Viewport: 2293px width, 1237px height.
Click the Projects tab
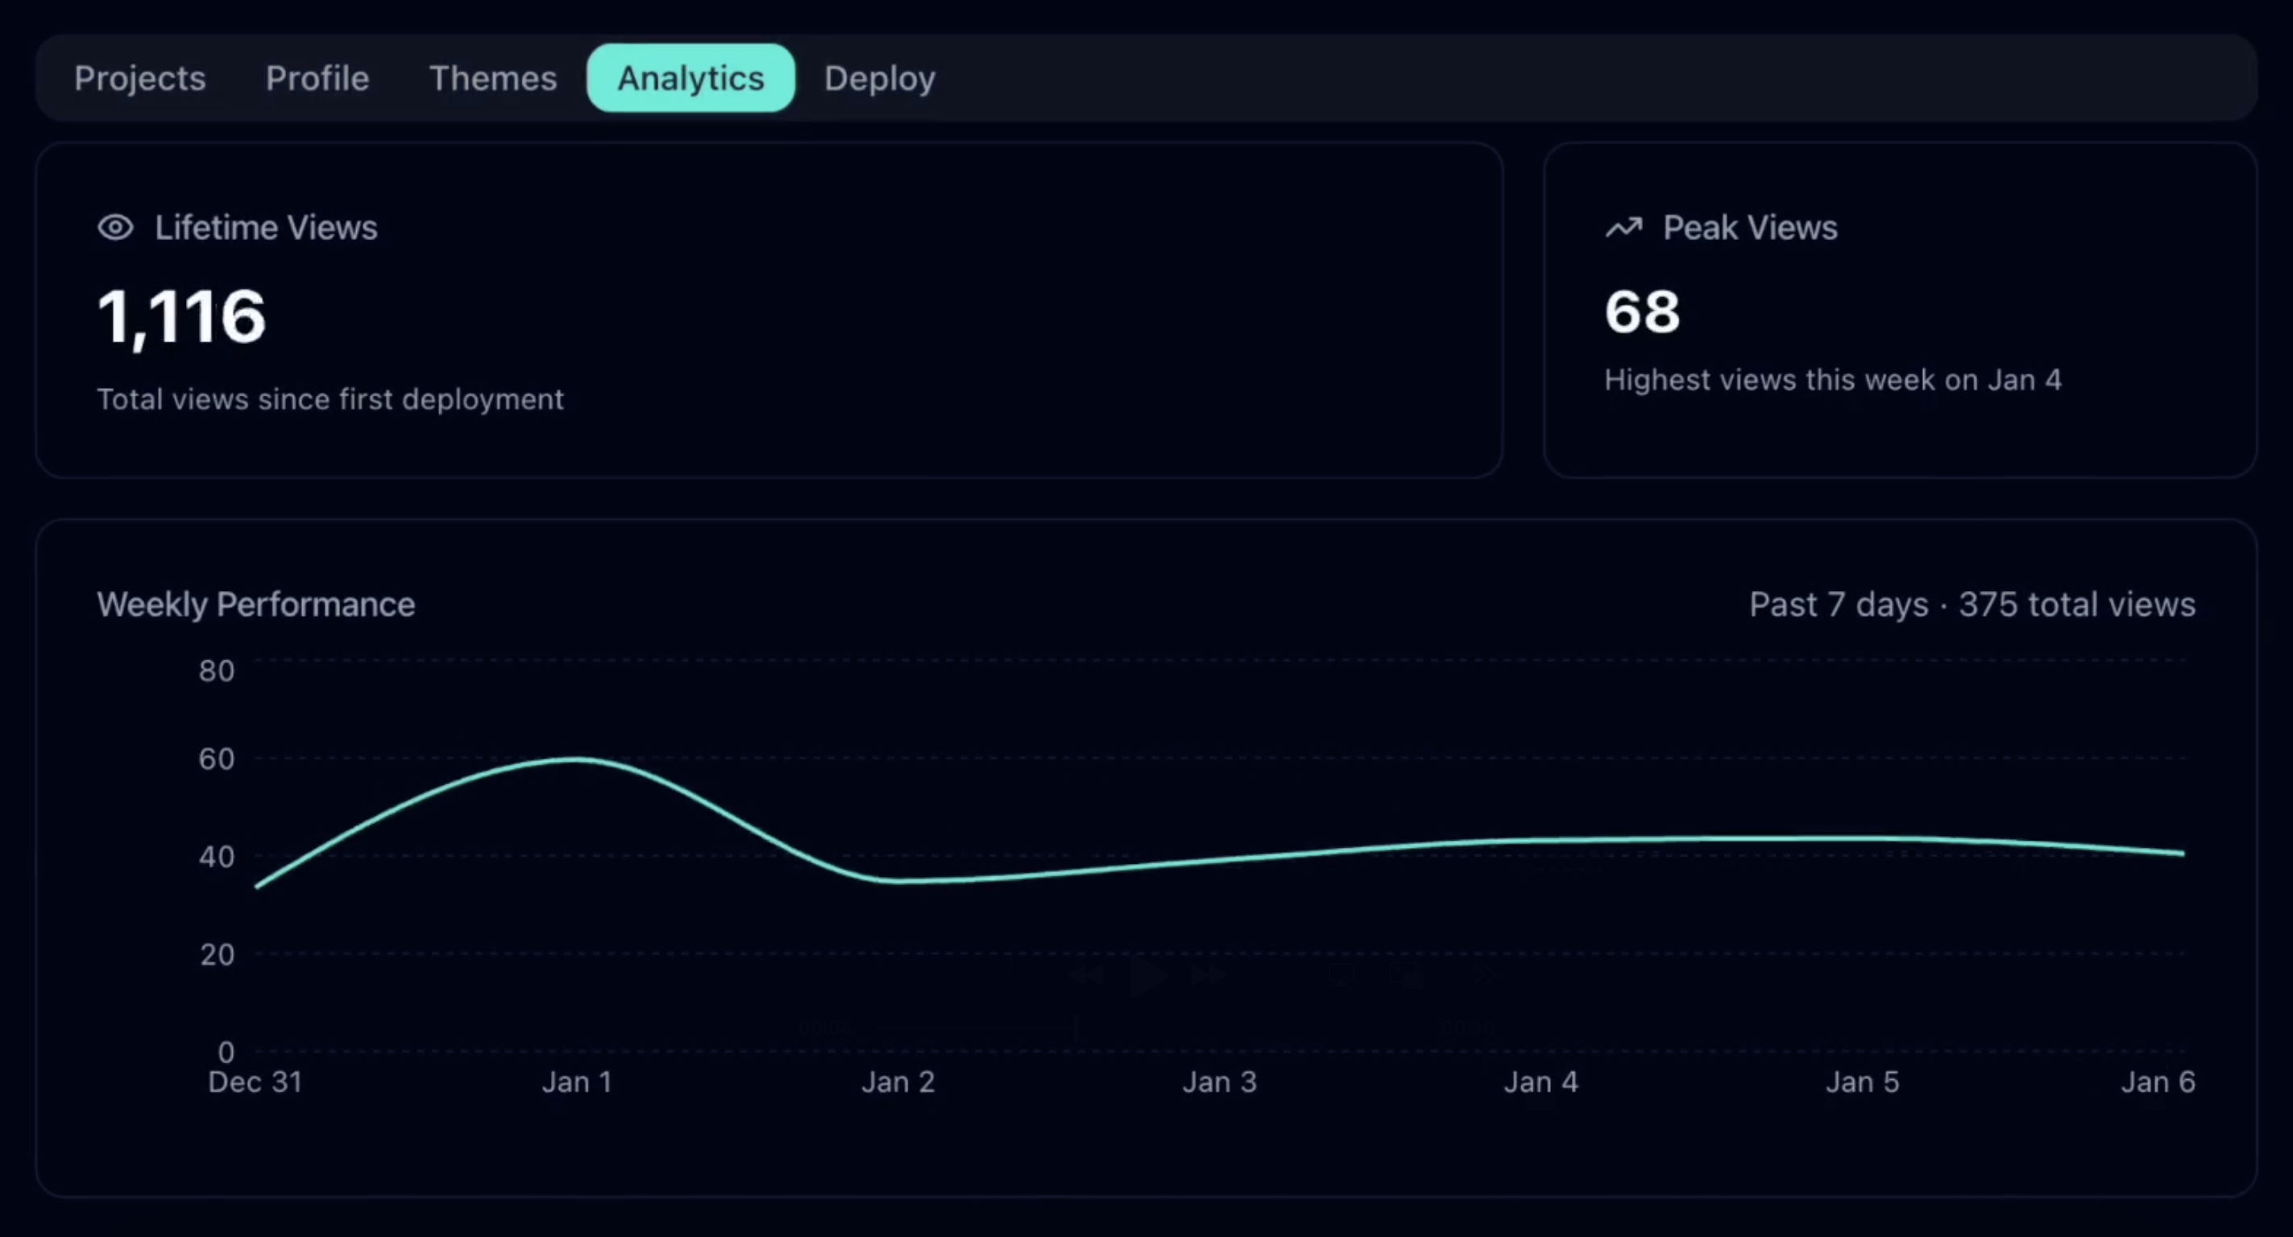click(139, 78)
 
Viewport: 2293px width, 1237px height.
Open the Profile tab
click(317, 78)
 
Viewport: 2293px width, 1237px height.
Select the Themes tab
click(492, 78)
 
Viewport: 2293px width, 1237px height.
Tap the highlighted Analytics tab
click(690, 78)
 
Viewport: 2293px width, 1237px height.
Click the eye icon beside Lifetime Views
click(115, 228)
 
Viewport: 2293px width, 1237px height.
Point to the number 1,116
click(180, 316)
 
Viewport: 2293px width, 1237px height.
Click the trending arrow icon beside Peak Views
click(1623, 228)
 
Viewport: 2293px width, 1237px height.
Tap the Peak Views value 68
click(1641, 312)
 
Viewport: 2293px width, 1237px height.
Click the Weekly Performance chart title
click(255, 604)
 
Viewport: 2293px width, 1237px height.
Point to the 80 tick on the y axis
click(216, 670)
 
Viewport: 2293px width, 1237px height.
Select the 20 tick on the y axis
click(216, 955)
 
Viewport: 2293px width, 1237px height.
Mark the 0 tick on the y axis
click(226, 1052)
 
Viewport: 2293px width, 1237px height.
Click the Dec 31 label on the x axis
click(255, 1082)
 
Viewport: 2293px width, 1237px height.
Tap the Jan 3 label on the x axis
click(1218, 1082)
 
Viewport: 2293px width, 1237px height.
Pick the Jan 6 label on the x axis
click(2158, 1082)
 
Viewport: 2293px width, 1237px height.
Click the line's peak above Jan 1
click(576, 759)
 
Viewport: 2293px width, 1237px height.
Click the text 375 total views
click(2077, 604)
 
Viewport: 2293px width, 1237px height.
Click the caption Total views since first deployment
click(330, 399)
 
